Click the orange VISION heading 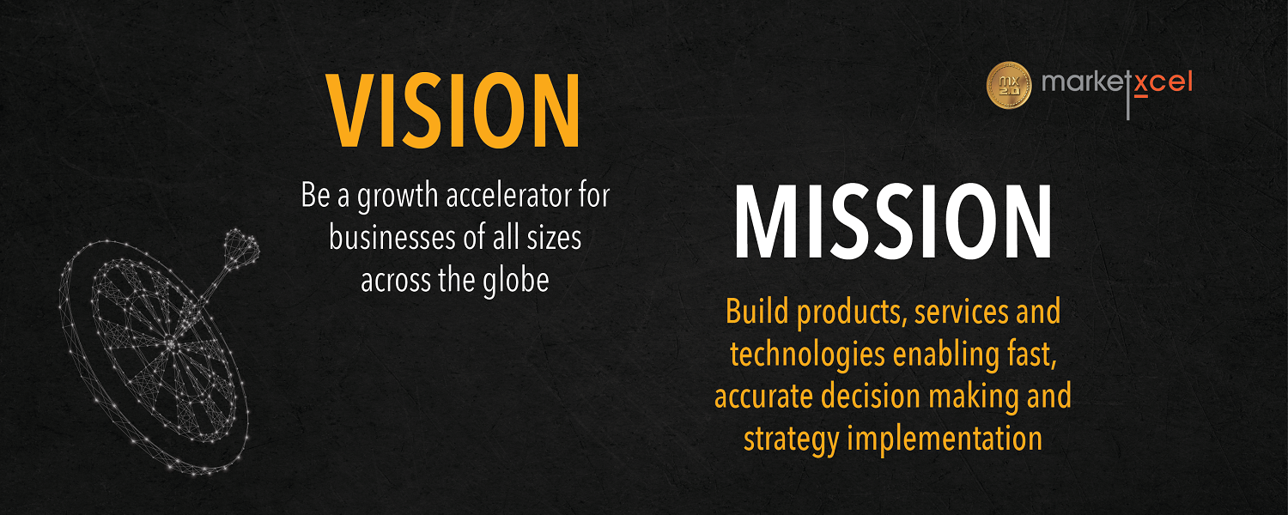pos(453,111)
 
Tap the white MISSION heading pos(893,221)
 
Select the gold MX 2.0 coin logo pos(1009,85)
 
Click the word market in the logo pos(1084,82)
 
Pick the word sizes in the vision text pos(555,239)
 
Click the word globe pos(516,282)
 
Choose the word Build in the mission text pos(757,312)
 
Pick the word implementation pos(945,439)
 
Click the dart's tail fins pos(241,246)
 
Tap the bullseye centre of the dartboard pos(171,343)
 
